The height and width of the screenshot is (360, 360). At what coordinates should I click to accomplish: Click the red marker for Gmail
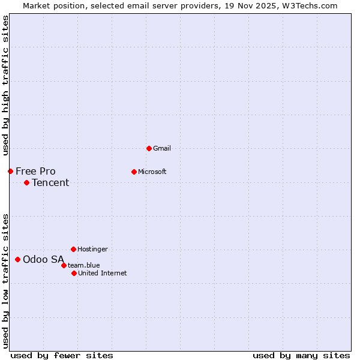149,148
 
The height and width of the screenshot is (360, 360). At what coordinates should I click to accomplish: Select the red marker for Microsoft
134,172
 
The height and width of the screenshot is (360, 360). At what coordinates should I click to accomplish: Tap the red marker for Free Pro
10,171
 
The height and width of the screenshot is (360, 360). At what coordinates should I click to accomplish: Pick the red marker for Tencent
26,182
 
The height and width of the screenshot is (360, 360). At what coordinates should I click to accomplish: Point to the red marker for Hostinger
73,249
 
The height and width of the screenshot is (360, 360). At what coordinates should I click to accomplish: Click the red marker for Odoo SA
17,259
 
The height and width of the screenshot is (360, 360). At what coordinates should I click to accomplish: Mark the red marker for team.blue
64,265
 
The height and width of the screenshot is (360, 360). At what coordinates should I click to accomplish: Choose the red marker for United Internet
74,273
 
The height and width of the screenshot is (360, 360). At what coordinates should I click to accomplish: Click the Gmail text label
162,148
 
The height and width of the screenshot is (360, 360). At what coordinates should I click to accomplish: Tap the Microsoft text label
152,172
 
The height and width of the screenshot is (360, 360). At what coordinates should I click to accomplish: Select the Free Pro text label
35,171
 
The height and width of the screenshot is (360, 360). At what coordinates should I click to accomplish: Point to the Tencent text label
50,182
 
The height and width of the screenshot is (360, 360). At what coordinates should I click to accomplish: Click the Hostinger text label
92,249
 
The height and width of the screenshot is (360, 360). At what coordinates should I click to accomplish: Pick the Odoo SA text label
43,259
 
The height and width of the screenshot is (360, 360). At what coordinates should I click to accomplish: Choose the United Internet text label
102,273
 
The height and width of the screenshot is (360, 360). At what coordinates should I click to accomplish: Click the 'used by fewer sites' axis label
62,355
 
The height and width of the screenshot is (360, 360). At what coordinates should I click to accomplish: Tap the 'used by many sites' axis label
301,355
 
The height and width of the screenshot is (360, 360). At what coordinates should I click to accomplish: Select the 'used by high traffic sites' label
5,85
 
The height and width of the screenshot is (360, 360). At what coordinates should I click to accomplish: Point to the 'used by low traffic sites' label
5,281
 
